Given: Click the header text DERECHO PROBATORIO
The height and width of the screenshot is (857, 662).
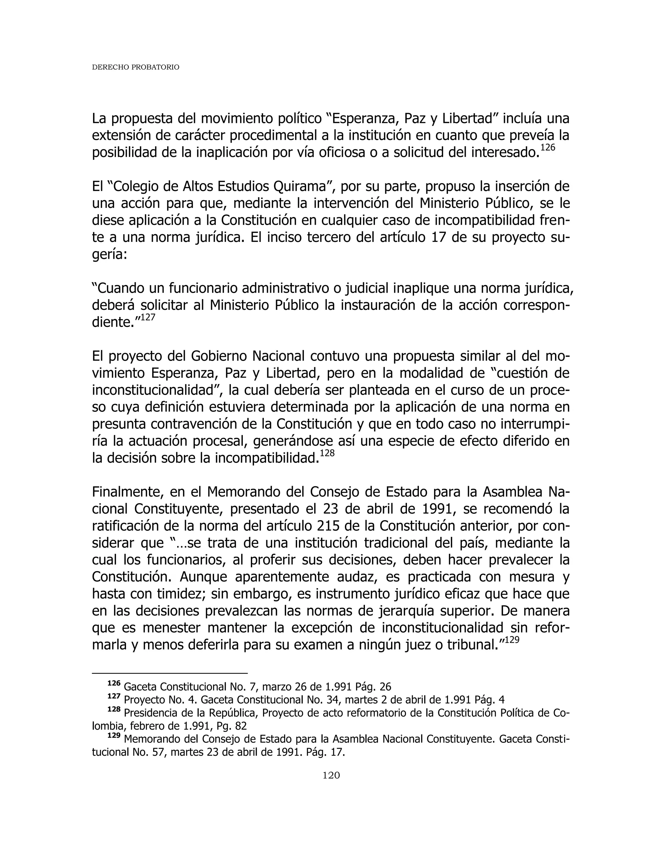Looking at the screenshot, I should (135, 68).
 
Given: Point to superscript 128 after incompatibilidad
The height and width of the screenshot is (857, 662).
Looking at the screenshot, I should (327, 453).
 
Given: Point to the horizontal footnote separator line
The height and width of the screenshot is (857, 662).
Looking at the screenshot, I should (169, 673).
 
